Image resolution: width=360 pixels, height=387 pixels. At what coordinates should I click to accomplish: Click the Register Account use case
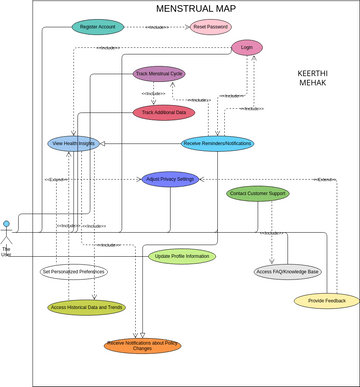point(98,27)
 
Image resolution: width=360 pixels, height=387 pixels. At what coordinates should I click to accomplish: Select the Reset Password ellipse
point(211,27)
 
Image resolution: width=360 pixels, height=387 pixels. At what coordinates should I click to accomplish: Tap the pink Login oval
point(246,47)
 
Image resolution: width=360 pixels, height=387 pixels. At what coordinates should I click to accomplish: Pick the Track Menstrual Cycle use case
point(159,73)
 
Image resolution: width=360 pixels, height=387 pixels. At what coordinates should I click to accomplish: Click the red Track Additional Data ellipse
point(165,113)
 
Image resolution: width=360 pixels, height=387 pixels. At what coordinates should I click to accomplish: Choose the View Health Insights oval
point(73,143)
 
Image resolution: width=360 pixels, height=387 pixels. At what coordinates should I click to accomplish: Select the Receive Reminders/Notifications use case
point(218,143)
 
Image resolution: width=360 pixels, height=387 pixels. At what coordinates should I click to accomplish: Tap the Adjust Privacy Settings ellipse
point(170,180)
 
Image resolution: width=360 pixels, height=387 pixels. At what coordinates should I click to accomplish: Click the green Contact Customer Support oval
point(257,193)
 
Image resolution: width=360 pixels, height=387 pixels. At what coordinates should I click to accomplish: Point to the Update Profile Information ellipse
point(182,256)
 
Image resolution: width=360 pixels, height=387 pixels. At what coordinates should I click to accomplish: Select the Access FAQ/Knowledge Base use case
point(287,271)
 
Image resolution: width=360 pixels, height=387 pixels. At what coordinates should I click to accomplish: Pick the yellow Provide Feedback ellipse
point(326,300)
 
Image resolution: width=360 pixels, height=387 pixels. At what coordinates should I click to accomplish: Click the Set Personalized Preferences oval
point(73,271)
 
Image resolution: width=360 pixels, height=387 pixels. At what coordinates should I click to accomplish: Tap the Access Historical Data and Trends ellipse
point(86,307)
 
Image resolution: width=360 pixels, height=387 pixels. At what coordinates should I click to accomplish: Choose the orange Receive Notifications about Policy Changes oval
point(143,346)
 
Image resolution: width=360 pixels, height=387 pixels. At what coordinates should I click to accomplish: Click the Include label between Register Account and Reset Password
point(157,28)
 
